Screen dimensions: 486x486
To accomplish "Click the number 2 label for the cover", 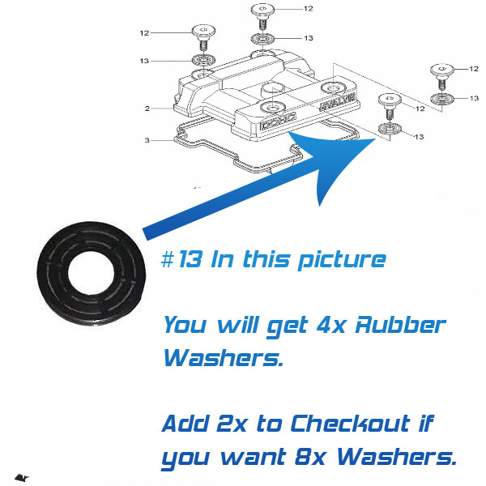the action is click(147, 109).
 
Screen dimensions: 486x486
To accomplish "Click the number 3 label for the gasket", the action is click(147, 140).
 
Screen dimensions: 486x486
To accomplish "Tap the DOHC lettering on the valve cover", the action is click(278, 122).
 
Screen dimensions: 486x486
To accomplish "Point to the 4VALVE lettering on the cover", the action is click(338, 102).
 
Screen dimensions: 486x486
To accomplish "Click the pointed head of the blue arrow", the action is click(375, 139).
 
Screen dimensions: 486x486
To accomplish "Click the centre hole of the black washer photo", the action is click(91, 273).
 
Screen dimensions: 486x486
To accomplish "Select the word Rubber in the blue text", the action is click(400, 325).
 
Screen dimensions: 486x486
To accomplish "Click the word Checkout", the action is click(350, 423).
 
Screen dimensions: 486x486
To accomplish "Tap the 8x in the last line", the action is click(310, 456).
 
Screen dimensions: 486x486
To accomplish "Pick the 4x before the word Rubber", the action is click(330, 325).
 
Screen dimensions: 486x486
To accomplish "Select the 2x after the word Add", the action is click(232, 424).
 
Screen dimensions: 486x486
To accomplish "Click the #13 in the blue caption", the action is click(182, 259).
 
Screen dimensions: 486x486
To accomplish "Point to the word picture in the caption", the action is click(342, 260).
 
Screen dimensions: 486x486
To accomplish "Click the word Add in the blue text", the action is click(185, 423).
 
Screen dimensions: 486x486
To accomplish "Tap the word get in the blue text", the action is click(288, 326).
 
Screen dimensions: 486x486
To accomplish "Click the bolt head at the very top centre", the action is click(262, 9).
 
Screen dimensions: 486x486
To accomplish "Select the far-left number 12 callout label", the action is click(144, 33).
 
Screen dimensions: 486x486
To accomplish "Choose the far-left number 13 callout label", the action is click(144, 61).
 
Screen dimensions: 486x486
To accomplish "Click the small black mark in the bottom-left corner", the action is click(22, 478).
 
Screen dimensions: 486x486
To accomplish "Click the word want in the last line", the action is click(254, 457).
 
